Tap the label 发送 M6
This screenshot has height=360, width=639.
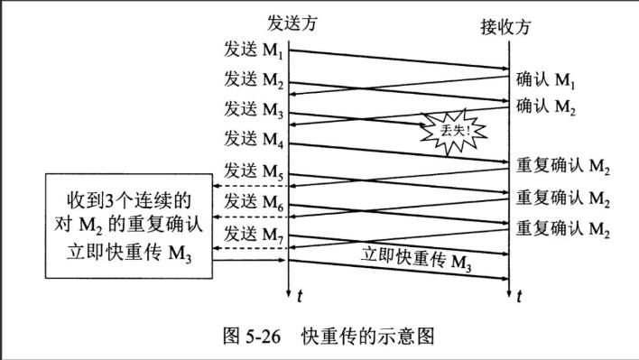point(255,200)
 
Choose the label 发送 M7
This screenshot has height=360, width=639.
point(255,232)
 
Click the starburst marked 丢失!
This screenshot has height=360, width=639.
point(450,131)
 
